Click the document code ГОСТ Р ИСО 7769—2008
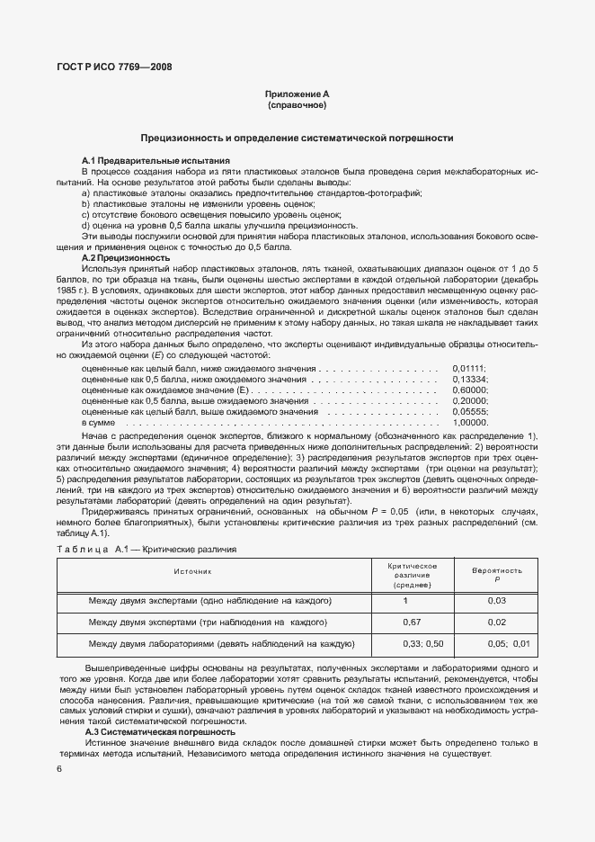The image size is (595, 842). pos(113,67)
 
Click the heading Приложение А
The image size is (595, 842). pos(297,94)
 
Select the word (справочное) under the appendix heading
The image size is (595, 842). pos(297,105)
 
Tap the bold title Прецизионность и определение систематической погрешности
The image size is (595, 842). pos(297,139)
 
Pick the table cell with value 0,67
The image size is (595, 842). pos(412,622)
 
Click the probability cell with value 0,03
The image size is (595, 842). pos(497,600)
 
